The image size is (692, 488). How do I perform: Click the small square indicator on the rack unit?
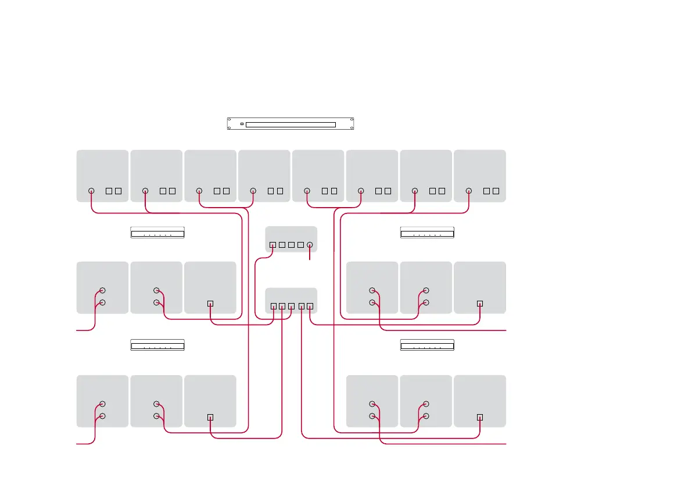[242, 124]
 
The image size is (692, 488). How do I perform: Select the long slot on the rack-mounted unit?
[291, 124]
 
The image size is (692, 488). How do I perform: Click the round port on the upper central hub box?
[310, 245]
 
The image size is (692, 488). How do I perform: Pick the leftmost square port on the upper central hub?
[273, 245]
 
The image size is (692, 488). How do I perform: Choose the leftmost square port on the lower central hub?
[274, 306]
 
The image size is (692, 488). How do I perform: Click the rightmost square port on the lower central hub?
[310, 306]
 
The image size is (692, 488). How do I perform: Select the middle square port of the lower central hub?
[292, 306]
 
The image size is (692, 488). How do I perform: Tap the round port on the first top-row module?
[91, 191]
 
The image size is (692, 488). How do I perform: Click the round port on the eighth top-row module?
[469, 191]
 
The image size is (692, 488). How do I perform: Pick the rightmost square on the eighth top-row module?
[496, 191]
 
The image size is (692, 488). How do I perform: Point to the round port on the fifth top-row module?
[307, 191]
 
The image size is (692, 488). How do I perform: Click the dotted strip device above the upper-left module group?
[157, 233]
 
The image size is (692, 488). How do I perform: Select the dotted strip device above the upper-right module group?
[427, 233]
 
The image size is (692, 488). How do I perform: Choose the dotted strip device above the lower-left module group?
[157, 345]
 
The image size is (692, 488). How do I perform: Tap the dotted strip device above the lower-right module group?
[427, 345]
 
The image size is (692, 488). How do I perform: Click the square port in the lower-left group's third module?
[210, 417]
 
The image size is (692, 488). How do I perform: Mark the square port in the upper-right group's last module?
[480, 304]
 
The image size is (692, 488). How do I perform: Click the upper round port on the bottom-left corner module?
[102, 404]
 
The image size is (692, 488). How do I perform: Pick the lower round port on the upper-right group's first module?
[372, 302]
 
